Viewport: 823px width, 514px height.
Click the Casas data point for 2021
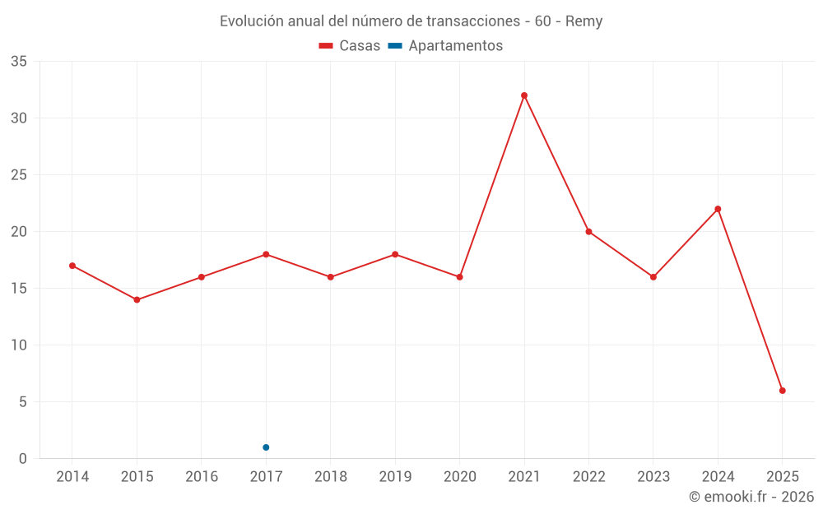[524, 95]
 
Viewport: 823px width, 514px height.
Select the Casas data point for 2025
[783, 391]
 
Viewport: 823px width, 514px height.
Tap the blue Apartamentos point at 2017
[266, 447]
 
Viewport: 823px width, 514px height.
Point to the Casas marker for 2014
[72, 266]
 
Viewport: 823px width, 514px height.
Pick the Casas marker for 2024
[718, 209]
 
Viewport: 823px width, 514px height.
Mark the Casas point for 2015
[137, 299]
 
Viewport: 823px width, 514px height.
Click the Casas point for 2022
[588, 231]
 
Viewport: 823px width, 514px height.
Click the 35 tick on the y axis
[19, 62]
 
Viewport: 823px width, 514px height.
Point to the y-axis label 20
[19, 232]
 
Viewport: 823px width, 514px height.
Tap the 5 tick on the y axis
[23, 402]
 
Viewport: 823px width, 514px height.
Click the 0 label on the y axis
[23, 459]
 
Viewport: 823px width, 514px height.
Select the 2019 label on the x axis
[395, 477]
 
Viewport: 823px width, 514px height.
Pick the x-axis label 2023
[653, 477]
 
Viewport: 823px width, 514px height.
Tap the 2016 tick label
[202, 477]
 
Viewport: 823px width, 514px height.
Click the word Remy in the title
[584, 21]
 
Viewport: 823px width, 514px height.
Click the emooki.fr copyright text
[751, 497]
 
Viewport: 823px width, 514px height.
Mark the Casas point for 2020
[459, 277]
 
